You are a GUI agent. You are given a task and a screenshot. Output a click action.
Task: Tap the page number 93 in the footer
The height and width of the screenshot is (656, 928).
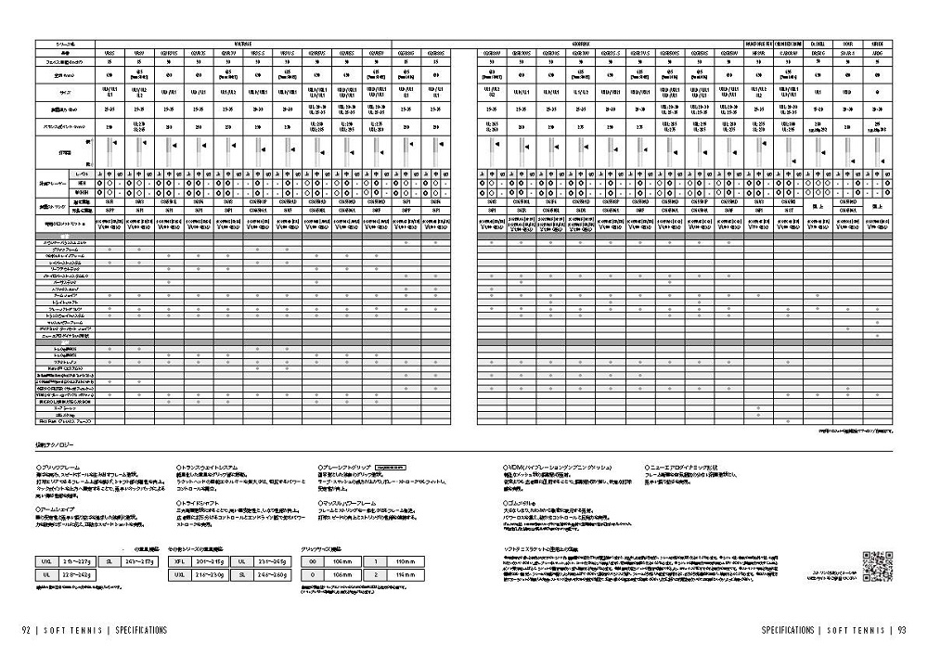coord(900,629)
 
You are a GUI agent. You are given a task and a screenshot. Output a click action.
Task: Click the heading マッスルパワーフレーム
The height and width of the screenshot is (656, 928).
coord(350,501)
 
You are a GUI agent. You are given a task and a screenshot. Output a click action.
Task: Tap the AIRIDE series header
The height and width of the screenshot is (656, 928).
coord(877,44)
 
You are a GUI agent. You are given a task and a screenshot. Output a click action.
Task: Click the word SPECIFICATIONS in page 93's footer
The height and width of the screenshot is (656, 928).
coord(787,629)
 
